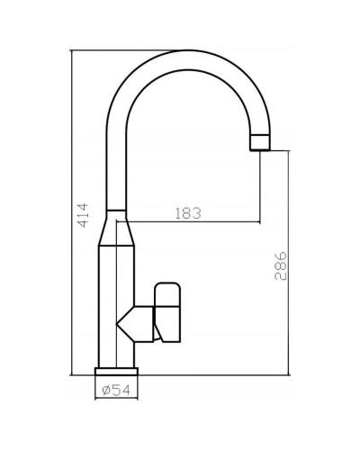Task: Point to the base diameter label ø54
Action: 118,390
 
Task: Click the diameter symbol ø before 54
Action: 106,390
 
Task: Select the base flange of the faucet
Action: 117,371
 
